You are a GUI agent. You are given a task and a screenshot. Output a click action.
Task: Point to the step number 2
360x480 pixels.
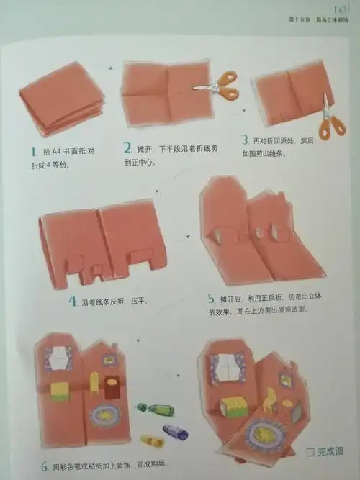point(127,148)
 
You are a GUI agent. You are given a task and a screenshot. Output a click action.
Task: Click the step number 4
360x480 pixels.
point(73,302)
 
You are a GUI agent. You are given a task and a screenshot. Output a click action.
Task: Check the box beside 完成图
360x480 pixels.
point(310,453)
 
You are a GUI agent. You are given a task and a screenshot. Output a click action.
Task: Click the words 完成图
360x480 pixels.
point(330,453)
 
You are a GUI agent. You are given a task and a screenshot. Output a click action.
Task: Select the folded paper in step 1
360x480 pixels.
point(61,97)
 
